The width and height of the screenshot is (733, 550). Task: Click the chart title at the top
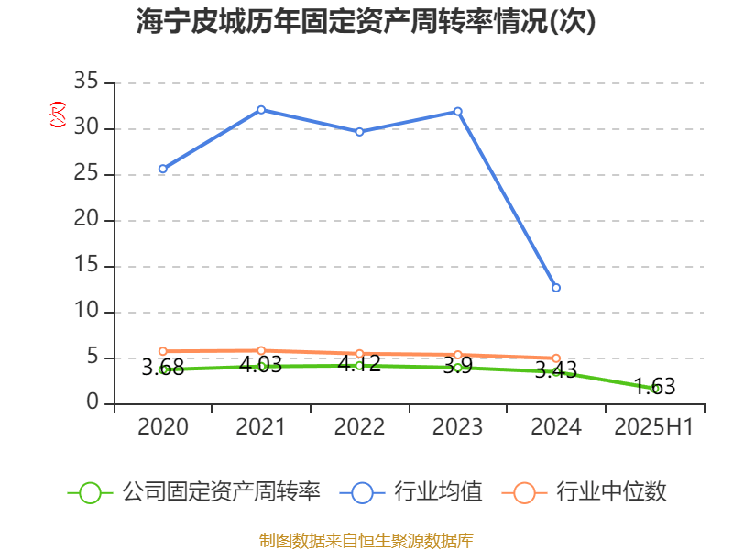click(x=366, y=22)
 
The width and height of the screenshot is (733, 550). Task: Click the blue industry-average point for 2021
click(x=261, y=109)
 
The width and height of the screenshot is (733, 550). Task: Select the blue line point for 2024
click(x=556, y=288)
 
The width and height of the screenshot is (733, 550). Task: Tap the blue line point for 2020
click(x=163, y=169)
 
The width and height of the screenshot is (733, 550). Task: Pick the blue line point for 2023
click(x=458, y=112)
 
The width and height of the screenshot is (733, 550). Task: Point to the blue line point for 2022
click(x=359, y=132)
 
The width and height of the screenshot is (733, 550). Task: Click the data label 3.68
click(x=163, y=368)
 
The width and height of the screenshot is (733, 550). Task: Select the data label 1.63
click(x=654, y=387)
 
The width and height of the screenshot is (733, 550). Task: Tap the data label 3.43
click(x=556, y=370)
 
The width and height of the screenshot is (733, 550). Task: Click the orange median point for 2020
click(x=163, y=351)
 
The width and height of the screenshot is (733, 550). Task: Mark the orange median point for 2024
click(x=556, y=358)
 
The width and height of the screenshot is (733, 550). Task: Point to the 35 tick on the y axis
click(x=86, y=82)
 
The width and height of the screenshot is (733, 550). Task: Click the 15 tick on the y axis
click(x=86, y=267)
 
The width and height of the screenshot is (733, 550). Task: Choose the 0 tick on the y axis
click(x=93, y=403)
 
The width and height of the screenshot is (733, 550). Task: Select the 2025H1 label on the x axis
click(x=654, y=426)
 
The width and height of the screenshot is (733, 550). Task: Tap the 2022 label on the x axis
click(x=359, y=426)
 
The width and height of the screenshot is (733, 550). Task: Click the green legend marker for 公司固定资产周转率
click(x=90, y=492)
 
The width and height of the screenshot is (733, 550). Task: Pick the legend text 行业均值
click(x=438, y=492)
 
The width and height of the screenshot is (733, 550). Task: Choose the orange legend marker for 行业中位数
click(x=524, y=492)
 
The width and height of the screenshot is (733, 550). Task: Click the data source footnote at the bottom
click(x=366, y=540)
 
